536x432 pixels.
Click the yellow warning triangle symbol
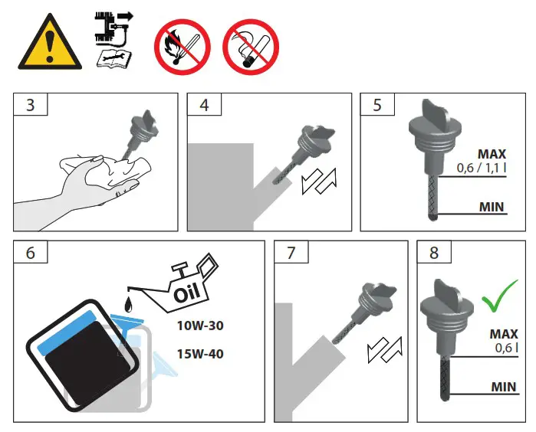point(48,44)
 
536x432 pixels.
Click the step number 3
point(30,106)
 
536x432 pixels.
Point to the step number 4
point(204,106)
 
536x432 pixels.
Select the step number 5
point(377,106)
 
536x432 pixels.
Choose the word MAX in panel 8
point(503,334)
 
